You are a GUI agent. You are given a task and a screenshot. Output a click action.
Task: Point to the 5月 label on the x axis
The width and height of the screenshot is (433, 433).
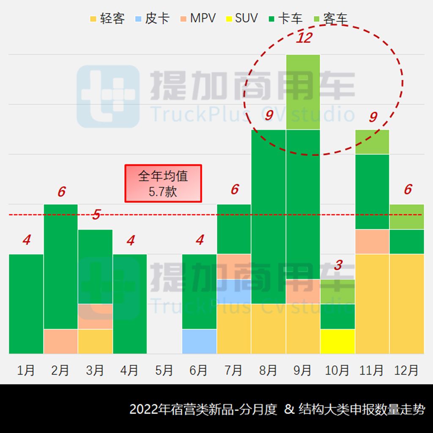click(x=164, y=370)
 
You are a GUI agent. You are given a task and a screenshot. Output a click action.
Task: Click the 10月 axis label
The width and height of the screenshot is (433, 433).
click(x=337, y=370)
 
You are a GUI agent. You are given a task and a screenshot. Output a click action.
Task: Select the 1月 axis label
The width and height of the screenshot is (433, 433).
click(x=26, y=370)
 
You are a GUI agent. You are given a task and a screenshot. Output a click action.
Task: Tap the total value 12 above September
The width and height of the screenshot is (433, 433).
click(x=304, y=38)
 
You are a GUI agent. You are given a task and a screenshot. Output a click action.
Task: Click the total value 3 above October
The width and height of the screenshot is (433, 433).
click(x=338, y=266)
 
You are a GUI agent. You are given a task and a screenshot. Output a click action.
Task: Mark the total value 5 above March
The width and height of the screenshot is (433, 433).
click(x=96, y=215)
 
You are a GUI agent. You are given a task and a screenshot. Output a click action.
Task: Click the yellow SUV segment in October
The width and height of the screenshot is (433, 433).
click(x=337, y=341)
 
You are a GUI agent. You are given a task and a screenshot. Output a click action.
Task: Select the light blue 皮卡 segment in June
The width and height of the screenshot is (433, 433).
click(x=199, y=341)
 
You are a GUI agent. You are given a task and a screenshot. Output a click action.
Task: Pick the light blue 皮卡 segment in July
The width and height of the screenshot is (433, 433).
click(x=234, y=291)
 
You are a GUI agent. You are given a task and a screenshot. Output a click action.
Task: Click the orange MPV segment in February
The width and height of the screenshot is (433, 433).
click(x=60, y=341)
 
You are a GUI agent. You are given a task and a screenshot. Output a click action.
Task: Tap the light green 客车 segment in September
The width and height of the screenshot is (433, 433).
click(x=303, y=92)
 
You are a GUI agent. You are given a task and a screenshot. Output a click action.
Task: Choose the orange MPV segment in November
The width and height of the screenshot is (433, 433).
click(x=372, y=241)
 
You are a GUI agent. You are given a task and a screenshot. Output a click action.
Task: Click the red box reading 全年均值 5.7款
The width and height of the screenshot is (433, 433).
click(x=163, y=184)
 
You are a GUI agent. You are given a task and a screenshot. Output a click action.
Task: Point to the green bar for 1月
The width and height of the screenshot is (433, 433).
click(x=26, y=304)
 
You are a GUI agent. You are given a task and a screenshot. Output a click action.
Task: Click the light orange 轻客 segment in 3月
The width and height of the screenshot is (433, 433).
click(x=95, y=341)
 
